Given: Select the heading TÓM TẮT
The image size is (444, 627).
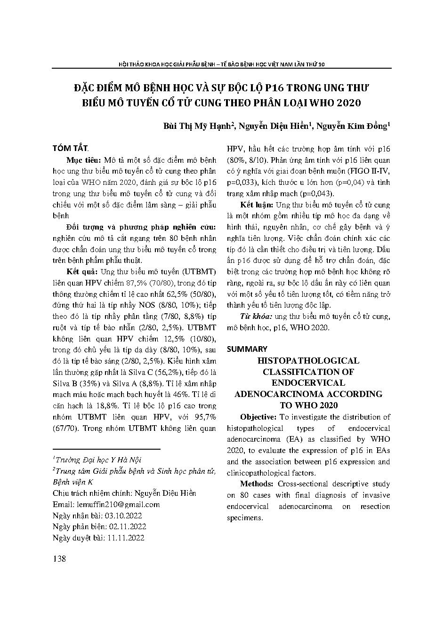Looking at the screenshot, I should [x=70, y=148].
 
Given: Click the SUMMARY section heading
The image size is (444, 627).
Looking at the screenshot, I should [x=247, y=349].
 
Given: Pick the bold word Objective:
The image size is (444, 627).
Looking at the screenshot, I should [x=258, y=417].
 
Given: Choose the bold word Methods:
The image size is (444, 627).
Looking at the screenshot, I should [x=256, y=484].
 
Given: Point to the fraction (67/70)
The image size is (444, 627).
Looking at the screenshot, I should [x=67, y=429].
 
